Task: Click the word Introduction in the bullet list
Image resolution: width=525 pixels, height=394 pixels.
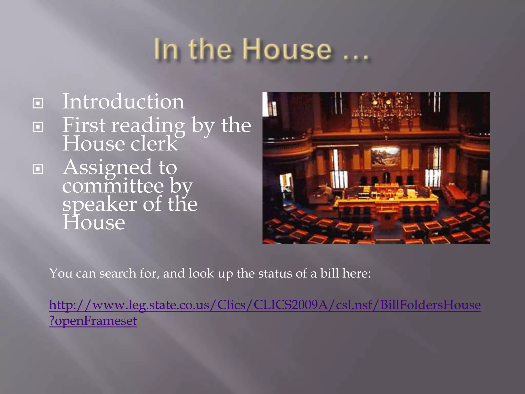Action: pos(123,102)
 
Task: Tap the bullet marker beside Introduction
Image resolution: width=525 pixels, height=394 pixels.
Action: pos(38,103)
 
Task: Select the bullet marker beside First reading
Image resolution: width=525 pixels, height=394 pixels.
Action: pos(38,127)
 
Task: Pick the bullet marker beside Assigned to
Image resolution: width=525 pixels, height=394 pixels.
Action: pos(38,169)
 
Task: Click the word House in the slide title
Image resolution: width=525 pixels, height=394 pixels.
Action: pos(287,49)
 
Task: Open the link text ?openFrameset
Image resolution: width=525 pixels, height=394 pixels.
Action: pos(93,321)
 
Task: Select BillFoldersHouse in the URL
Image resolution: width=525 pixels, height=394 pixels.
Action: pos(430,305)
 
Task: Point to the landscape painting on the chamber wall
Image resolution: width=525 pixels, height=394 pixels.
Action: pos(385,156)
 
